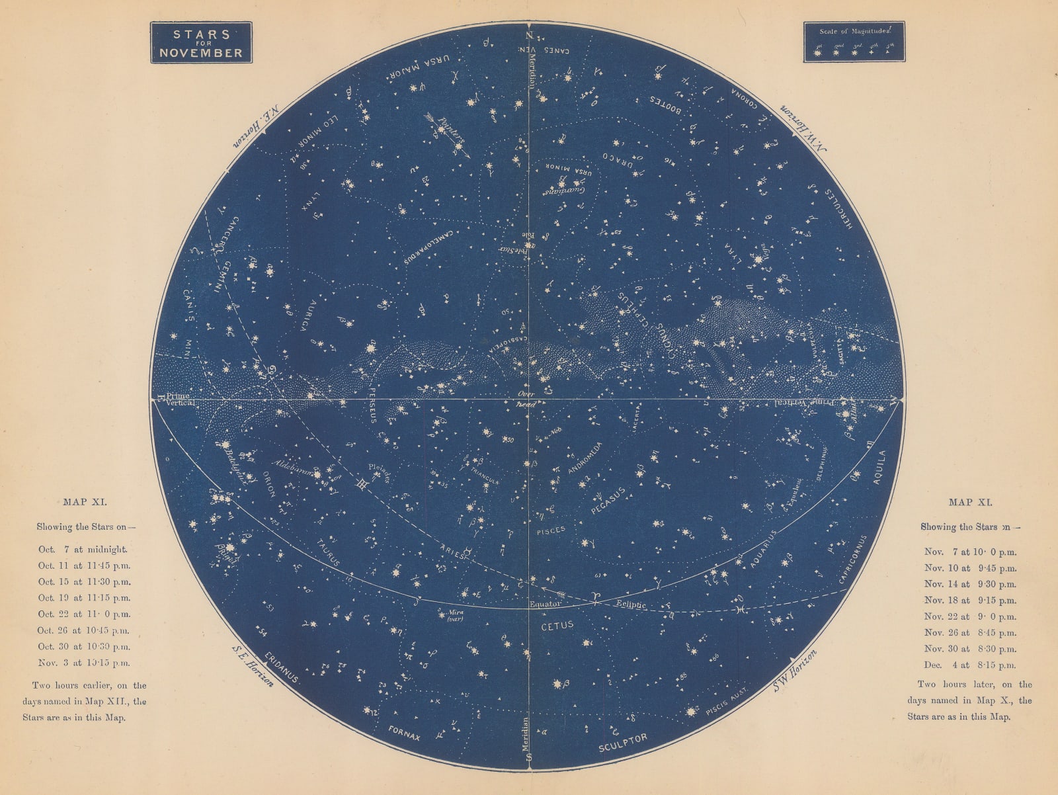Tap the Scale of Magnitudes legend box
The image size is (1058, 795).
point(854,42)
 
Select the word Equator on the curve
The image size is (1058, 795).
point(545,604)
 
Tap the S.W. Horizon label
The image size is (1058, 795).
point(795,670)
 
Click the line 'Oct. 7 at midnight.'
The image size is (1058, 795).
point(83,549)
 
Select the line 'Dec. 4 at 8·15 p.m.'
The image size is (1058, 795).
point(970,665)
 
